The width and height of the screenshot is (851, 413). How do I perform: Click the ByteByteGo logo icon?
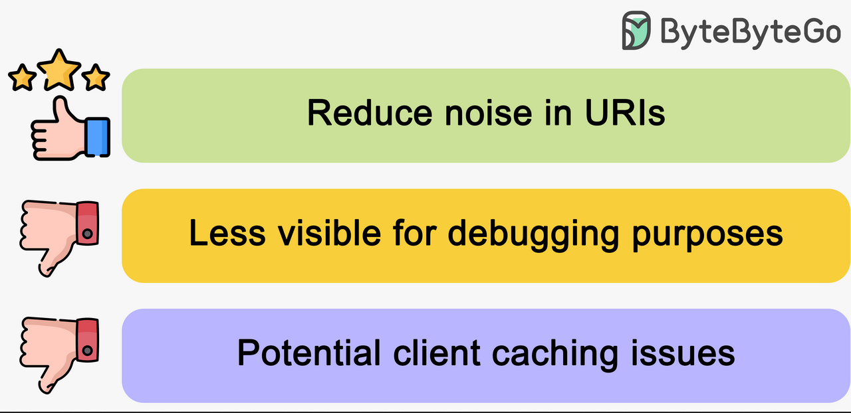[x=636, y=31]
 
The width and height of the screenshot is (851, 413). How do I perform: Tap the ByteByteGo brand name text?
[x=751, y=33]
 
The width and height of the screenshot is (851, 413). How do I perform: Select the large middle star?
[x=59, y=70]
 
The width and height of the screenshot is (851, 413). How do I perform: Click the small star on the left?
[x=22, y=78]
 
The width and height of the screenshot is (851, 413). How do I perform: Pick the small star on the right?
[x=95, y=78]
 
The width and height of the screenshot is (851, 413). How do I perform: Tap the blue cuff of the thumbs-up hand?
[x=98, y=137]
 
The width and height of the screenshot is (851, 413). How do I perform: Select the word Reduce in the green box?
[x=370, y=113]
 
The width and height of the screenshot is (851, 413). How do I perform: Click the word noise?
[x=489, y=113]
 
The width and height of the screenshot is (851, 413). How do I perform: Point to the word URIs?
[x=626, y=113]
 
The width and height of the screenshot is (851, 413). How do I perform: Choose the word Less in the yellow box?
[x=227, y=232]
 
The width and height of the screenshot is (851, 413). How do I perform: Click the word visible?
[x=329, y=232]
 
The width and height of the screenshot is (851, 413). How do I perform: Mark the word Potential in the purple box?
[x=309, y=353]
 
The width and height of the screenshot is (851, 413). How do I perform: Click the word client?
[x=437, y=353]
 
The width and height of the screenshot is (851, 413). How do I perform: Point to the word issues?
[x=683, y=353]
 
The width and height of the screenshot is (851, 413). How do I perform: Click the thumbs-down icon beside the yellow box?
[x=59, y=238]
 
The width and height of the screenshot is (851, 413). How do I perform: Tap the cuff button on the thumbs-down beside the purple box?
[x=88, y=350]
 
